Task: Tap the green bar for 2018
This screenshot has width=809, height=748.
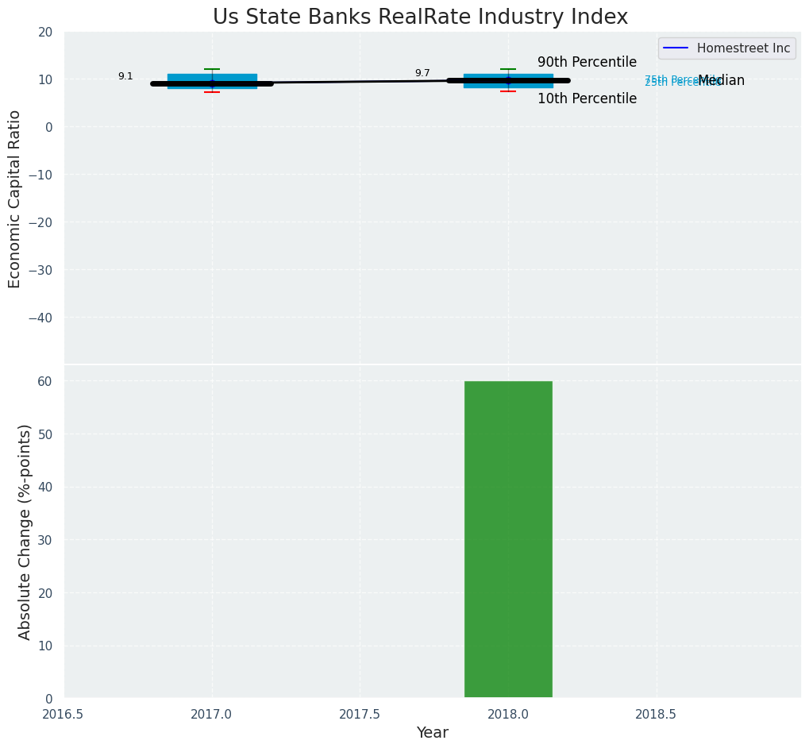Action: point(508,539)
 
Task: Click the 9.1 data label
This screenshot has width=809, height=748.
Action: point(125,76)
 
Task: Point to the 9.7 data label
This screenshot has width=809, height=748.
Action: point(422,73)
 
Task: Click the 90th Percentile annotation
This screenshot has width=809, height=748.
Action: point(587,62)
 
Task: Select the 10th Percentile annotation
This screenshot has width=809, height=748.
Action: point(587,98)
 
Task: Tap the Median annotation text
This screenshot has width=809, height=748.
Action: point(721,80)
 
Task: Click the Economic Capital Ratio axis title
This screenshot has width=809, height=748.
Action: point(15,199)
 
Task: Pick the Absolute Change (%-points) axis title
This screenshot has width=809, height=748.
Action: point(25,531)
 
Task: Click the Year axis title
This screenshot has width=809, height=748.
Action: point(433,732)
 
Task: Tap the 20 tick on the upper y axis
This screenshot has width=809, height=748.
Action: point(45,32)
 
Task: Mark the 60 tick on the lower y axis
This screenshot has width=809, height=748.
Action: point(45,381)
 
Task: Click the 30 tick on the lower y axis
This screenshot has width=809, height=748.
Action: point(45,540)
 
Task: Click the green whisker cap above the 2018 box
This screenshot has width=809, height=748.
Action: point(508,69)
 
